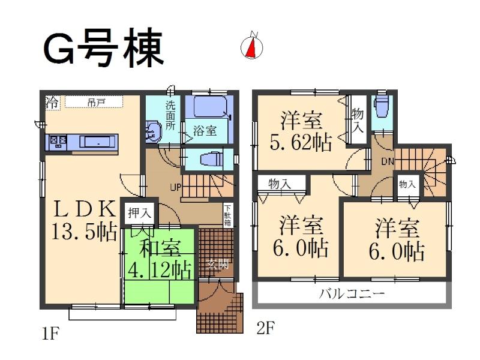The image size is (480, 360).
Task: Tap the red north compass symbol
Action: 252,47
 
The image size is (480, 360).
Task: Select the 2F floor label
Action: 265,328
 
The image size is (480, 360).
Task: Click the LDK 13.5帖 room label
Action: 85,220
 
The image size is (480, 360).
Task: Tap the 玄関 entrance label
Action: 218,263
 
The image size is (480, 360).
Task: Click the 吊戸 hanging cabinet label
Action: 97,103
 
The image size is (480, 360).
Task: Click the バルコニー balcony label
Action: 352,294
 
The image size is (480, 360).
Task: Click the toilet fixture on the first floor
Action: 207,158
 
